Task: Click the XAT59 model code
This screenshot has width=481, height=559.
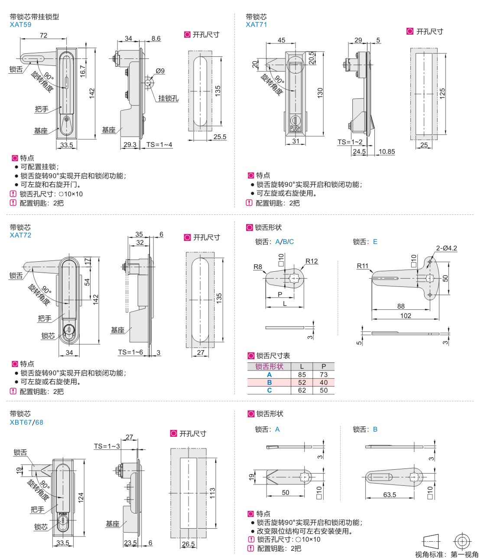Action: tap(20, 25)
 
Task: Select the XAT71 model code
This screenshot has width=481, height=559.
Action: tap(257, 25)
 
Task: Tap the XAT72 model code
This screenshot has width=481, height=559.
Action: tap(20, 235)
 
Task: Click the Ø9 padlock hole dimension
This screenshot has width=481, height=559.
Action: tap(160, 71)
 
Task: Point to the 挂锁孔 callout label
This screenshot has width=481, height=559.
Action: tap(168, 98)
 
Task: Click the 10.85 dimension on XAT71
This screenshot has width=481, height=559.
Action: tap(387, 151)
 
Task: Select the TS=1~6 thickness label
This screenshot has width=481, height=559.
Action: tap(130, 352)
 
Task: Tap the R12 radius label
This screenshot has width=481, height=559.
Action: tap(312, 261)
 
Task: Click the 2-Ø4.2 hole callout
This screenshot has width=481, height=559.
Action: tap(446, 248)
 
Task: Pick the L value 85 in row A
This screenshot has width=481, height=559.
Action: tap(302, 374)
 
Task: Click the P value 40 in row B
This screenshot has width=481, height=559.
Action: tap(324, 382)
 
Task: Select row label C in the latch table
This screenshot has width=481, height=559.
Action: tap(269, 390)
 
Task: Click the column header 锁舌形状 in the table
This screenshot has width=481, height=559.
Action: tap(269, 367)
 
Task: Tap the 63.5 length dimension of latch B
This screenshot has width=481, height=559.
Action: tap(389, 494)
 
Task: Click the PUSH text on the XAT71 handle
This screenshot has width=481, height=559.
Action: tap(295, 128)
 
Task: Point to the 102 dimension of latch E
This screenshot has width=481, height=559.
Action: tap(406, 315)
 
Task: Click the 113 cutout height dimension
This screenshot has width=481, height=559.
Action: tap(212, 493)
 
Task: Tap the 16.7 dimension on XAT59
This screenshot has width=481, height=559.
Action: tap(83, 71)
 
